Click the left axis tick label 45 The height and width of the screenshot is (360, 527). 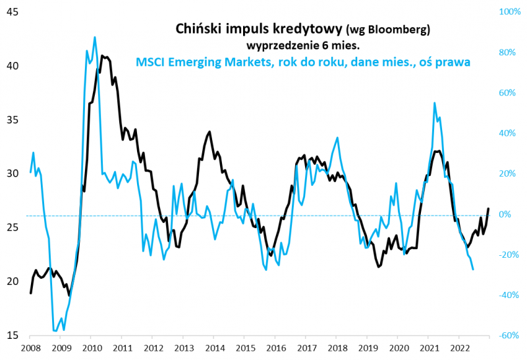point(12,13)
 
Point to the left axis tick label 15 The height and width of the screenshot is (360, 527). point(12,336)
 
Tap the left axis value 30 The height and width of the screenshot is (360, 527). point(12,173)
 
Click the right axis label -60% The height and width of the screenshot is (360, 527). point(510,336)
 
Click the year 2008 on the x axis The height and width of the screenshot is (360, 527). point(30,347)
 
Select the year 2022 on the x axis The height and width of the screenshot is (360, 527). point(459,347)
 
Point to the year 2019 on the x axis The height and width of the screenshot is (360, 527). point(367,347)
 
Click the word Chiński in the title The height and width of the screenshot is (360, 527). point(198,29)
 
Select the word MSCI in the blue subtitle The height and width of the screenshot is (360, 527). point(152,62)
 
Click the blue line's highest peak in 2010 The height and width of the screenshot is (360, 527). point(95,38)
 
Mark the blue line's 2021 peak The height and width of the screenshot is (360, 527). point(435,103)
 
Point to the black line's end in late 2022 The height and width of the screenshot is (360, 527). point(488,208)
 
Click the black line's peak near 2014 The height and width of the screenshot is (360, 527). point(209,132)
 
